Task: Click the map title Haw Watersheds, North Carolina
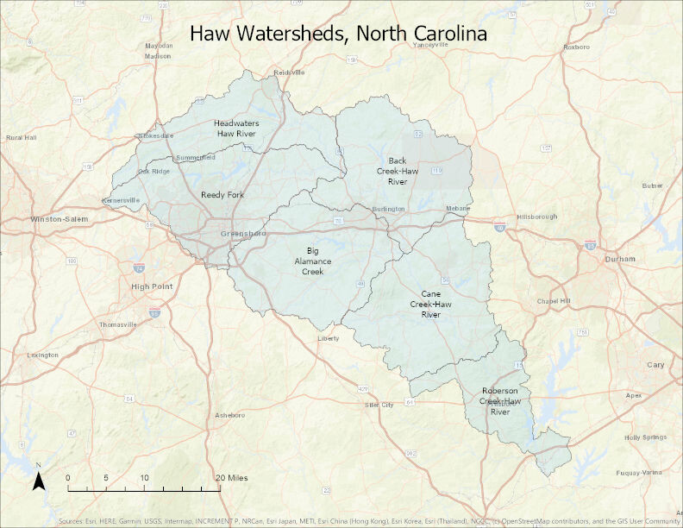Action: [338, 34]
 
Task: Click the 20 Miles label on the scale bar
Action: [232, 477]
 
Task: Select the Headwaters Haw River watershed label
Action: [236, 129]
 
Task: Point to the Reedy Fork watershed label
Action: [222, 195]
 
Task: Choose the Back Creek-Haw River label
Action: [397, 171]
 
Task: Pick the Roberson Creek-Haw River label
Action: [500, 401]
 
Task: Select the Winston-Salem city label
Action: [54, 219]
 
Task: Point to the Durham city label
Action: [620, 259]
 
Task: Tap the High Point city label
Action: [152, 286]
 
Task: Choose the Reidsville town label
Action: [289, 72]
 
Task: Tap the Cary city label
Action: [655, 365]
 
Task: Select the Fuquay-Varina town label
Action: [639, 473]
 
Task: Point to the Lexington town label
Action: [42, 355]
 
